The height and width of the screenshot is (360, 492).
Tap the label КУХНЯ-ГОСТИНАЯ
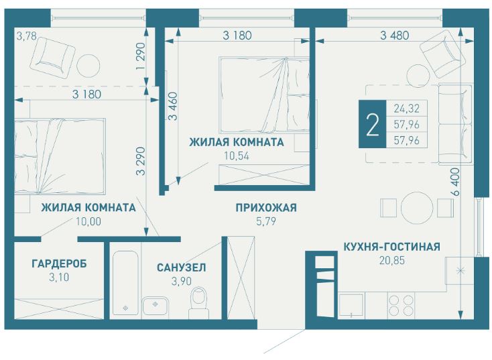pos(391,247)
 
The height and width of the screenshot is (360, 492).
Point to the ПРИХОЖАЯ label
pos(266,208)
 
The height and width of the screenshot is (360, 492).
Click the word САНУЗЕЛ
pos(181,267)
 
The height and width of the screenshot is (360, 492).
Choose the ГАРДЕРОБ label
pos(59,263)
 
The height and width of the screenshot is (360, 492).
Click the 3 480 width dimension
pos(394,36)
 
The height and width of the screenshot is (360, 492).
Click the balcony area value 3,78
pos(25,36)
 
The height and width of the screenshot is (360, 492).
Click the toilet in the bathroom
pos(199,303)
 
